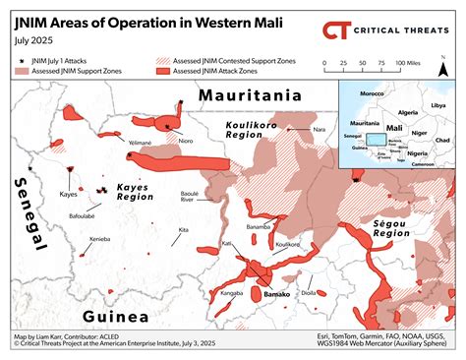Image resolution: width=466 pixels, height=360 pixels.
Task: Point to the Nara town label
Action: pyautogui.click(x=318, y=130)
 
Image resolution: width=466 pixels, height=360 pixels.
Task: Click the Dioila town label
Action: pyautogui.click(x=309, y=292)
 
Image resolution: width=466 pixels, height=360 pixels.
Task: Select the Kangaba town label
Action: pyautogui.click(x=232, y=292)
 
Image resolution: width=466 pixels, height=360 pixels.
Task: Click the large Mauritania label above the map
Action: pyautogui.click(x=252, y=96)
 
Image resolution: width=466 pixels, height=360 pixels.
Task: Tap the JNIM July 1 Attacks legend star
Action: pyautogui.click(x=22, y=62)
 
